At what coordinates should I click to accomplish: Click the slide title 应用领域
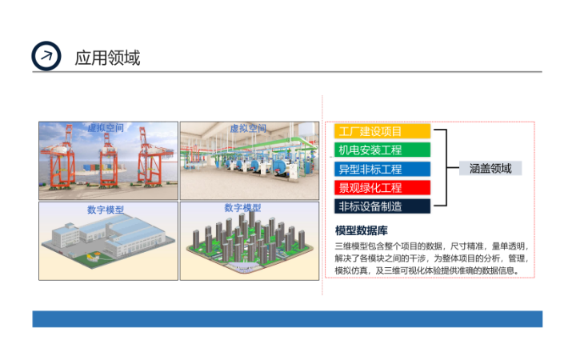tap(107, 58)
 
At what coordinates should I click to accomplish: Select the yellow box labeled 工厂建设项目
tap(382, 131)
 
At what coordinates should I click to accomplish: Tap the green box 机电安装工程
tap(382, 150)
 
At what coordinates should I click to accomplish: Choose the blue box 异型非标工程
tap(382, 169)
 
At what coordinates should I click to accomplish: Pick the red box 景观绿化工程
tap(382, 188)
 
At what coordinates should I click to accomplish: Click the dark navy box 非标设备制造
tap(382, 206)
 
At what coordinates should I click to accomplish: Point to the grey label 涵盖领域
tap(490, 168)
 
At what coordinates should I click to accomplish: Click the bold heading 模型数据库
tap(362, 230)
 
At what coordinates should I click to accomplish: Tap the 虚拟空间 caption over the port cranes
tap(107, 128)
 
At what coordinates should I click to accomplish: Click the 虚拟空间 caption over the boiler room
tap(247, 128)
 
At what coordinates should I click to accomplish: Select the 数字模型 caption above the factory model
tap(107, 210)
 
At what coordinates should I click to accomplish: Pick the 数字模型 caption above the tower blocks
tap(243, 208)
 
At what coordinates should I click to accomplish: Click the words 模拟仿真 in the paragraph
tap(353, 270)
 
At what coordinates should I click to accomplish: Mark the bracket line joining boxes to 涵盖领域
tap(446, 168)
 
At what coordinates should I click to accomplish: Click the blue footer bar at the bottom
tap(287, 318)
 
